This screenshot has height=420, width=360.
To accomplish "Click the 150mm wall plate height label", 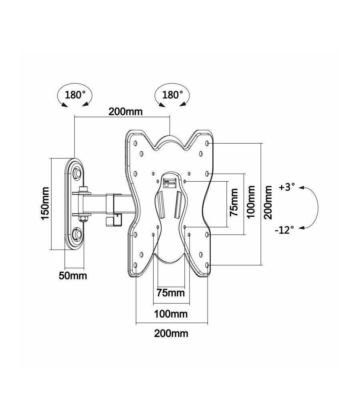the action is [x=45, y=204].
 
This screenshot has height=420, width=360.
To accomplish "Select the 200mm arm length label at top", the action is [x=125, y=112].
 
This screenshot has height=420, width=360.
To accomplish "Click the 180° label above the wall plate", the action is [x=75, y=95].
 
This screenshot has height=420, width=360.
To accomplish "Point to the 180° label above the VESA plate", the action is [x=173, y=95].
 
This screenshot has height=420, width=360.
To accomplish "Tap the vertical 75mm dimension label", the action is [x=234, y=202].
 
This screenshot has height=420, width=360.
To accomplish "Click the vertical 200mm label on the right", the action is [x=268, y=203].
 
